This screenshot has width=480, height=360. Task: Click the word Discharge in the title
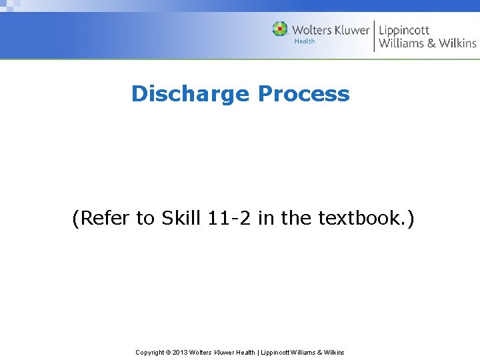tap(191, 94)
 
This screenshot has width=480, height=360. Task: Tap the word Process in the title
tap(303, 94)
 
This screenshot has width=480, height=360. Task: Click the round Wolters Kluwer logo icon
tap(280, 29)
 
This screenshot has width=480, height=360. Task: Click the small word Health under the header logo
tap(304, 41)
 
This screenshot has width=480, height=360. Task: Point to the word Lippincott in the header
tap(404, 31)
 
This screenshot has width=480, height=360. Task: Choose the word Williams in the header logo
tap(400, 43)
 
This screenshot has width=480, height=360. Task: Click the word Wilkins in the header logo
tap(457, 43)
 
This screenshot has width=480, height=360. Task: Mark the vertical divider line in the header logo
tap(374, 35)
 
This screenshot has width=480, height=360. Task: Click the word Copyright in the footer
tap(149, 352)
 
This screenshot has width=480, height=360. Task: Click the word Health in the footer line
tap(245, 352)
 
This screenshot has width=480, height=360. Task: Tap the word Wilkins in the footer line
tap(333, 352)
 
